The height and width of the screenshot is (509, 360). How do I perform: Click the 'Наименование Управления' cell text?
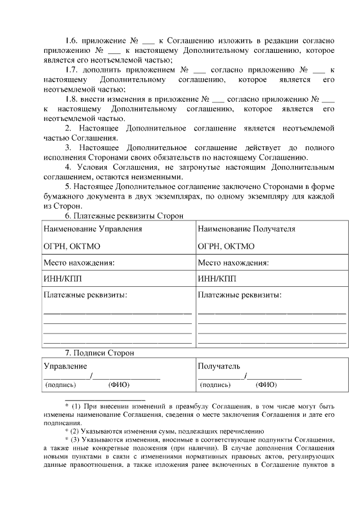[93, 229]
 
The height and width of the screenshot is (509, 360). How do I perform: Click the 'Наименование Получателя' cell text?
[246, 229]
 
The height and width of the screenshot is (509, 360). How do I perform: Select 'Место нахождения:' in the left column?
[79, 263]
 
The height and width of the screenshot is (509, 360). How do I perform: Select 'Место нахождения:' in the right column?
[233, 263]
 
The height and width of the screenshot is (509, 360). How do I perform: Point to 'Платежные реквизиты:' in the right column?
[240, 295]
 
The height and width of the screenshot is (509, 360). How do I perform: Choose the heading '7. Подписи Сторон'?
[99, 353]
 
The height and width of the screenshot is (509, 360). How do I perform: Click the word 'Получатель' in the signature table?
[219, 366]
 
